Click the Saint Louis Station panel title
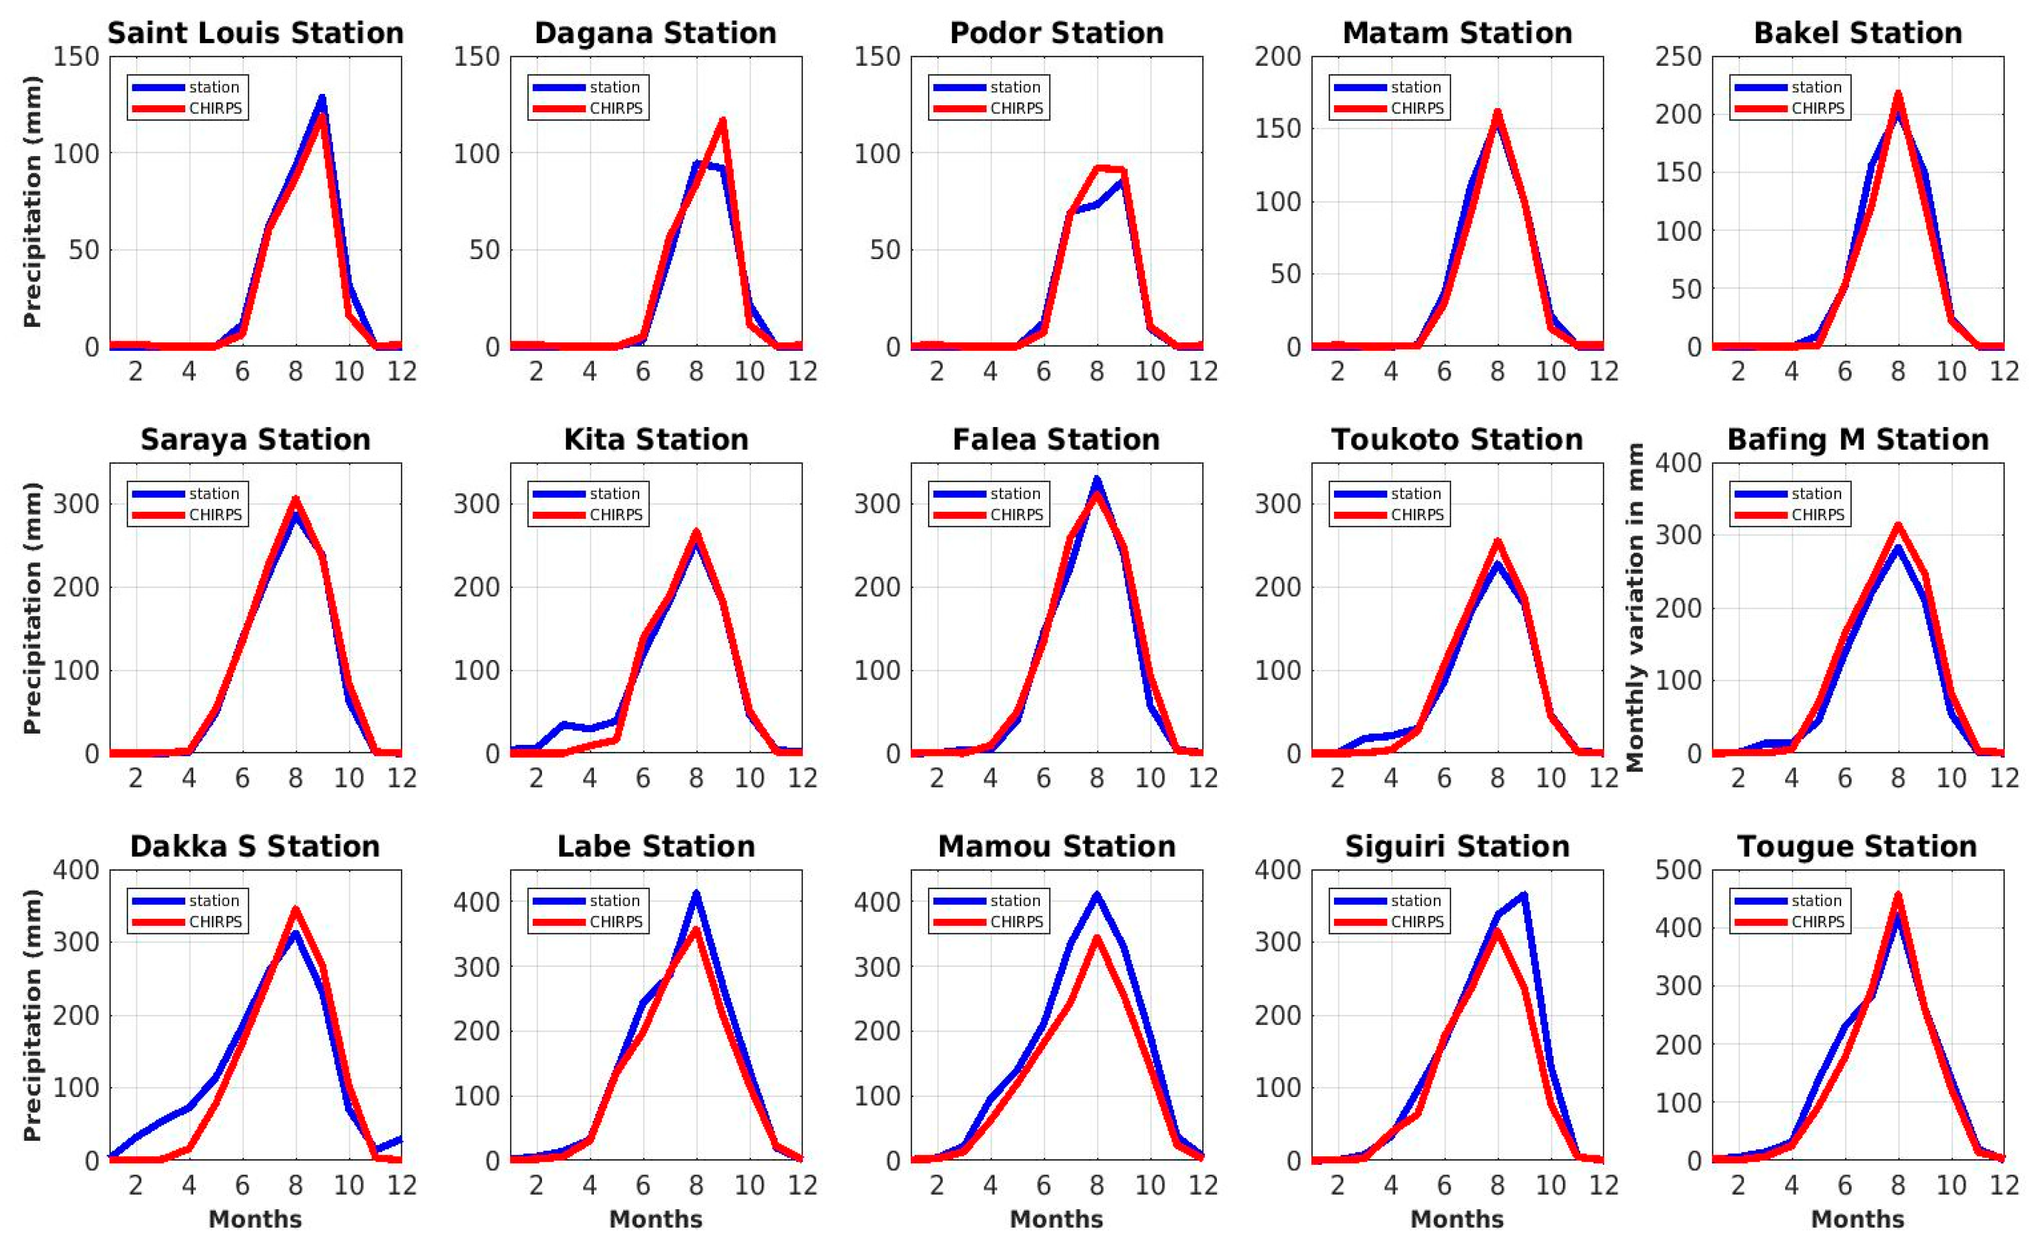point(255,33)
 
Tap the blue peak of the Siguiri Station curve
point(1523,894)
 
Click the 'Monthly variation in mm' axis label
point(1635,608)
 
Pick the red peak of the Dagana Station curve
point(722,121)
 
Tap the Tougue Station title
point(1857,847)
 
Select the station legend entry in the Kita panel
point(614,494)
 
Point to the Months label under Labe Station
point(656,1219)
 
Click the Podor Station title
point(1056,33)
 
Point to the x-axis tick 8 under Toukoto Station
point(1497,778)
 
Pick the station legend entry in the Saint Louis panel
point(213,87)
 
